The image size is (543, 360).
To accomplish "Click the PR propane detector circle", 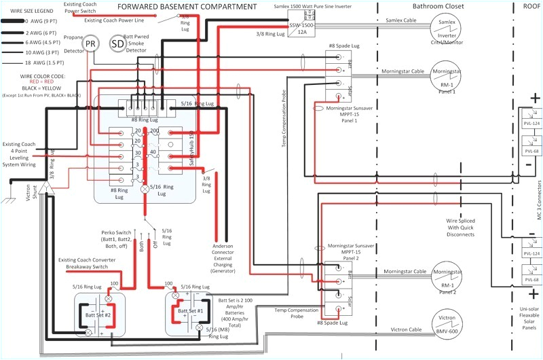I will [x=90, y=44].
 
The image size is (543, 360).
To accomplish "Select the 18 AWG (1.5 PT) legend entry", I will [x=30, y=62].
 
